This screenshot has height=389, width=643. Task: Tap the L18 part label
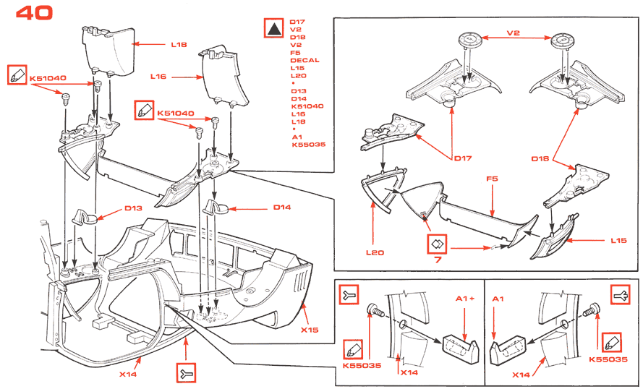pyautogui.click(x=179, y=45)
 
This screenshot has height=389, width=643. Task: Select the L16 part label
pyautogui.click(x=159, y=76)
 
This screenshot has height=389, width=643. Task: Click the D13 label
pyautogui.click(x=133, y=208)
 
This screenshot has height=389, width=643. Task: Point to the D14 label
pyautogui.click(x=281, y=208)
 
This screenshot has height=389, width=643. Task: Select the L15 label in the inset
pyautogui.click(x=618, y=239)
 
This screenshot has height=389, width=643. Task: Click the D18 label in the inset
pyautogui.click(x=541, y=158)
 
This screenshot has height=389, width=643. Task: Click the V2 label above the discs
pyautogui.click(x=514, y=33)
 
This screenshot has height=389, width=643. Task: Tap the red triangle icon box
pyautogui.click(x=275, y=29)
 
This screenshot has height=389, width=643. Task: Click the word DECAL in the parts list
pyautogui.click(x=305, y=60)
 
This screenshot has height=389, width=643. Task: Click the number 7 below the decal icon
pyautogui.click(x=438, y=259)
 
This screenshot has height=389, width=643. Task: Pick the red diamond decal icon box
pyautogui.click(x=438, y=244)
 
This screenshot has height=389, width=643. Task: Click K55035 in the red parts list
pyautogui.click(x=309, y=145)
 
